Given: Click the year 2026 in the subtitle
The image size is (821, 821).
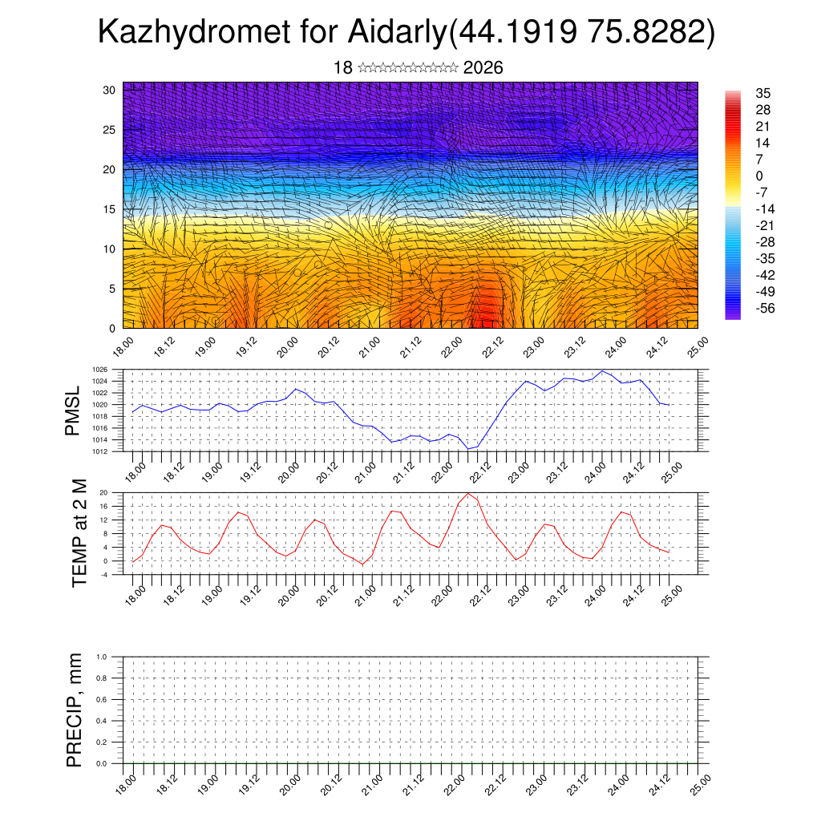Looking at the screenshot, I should pyautogui.click(x=483, y=67).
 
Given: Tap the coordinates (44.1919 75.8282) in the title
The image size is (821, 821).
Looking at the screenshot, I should pyautogui.click(x=582, y=33).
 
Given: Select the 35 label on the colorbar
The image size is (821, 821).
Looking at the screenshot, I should pyautogui.click(x=762, y=94).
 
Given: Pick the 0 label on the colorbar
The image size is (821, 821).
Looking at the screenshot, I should pyautogui.click(x=758, y=176).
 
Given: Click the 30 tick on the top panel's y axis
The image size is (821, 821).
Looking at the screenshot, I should pyautogui.click(x=110, y=90).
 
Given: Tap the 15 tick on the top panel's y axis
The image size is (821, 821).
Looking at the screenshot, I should pyautogui.click(x=110, y=209).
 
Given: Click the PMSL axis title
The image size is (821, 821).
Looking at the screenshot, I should pyautogui.click(x=73, y=411).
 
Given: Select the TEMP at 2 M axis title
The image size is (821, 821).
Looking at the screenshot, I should pyautogui.click(x=79, y=533).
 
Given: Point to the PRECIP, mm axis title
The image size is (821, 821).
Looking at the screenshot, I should pyautogui.click(x=75, y=710).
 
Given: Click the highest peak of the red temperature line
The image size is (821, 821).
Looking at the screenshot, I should pyautogui.click(x=468, y=493).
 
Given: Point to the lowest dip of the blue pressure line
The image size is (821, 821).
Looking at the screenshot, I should pyautogui.click(x=468, y=449).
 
